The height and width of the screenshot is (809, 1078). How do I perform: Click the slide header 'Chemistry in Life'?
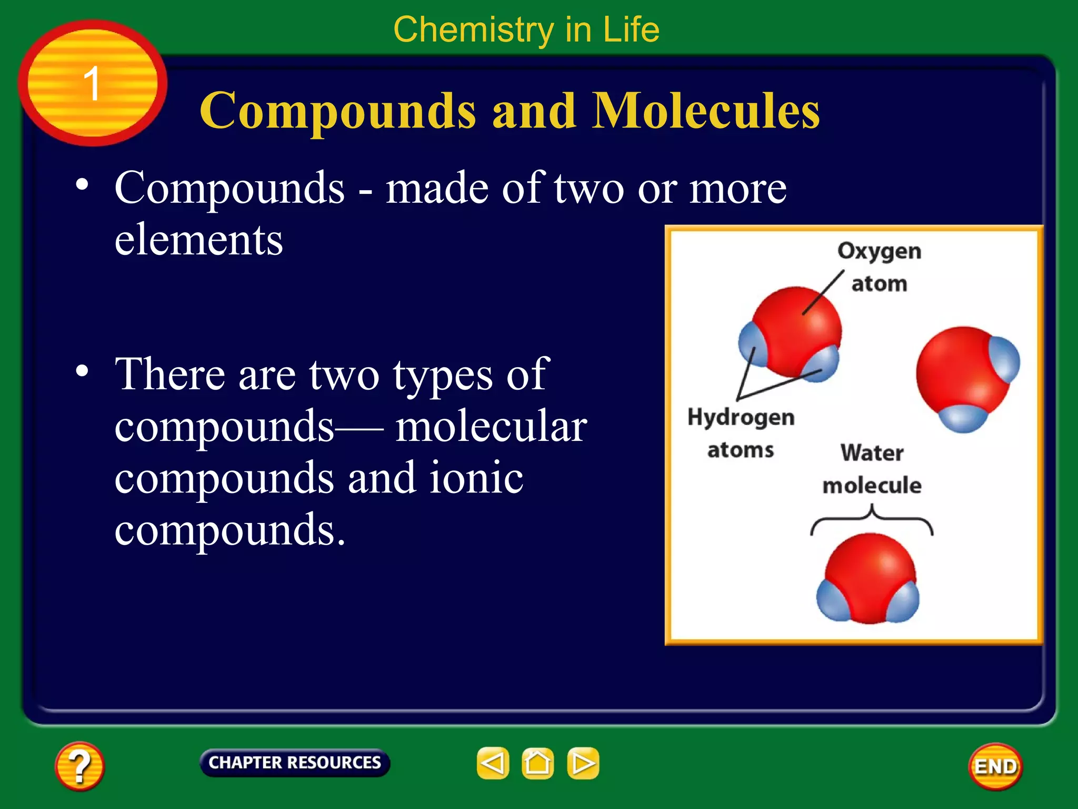tap(526, 29)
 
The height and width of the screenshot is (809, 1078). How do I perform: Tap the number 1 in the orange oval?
tap(92, 83)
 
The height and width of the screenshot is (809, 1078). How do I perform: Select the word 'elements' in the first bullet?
tap(198, 240)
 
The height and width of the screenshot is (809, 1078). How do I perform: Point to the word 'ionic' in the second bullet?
tap(476, 478)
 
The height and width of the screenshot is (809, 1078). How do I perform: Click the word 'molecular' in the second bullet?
tap(491, 427)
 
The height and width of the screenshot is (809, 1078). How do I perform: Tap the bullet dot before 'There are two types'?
tap(82, 371)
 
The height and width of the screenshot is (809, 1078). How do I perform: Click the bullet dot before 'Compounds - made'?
tap(82, 184)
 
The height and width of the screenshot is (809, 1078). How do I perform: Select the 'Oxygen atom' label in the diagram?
tap(879, 267)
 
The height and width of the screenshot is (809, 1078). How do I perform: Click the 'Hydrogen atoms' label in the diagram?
tap(741, 433)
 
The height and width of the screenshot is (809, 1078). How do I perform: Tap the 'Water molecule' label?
tap(872, 469)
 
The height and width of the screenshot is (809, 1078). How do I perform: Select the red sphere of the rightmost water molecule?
tap(955, 371)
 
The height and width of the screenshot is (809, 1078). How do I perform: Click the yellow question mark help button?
tap(79, 766)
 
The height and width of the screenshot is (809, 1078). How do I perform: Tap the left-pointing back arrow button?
tap(493, 763)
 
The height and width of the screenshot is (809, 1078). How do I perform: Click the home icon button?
tap(537, 763)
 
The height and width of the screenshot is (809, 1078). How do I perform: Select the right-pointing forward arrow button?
tap(583, 763)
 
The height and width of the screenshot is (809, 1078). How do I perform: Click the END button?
tap(995, 766)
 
